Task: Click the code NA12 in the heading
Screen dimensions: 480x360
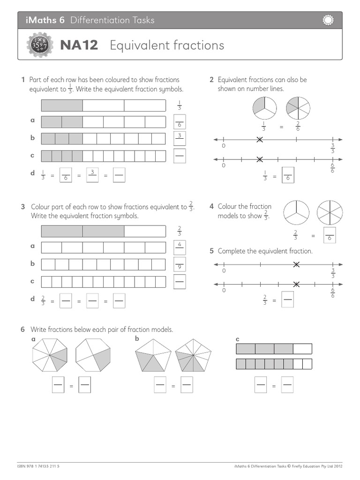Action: pos(79,45)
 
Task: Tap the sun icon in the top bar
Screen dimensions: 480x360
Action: pos(328,20)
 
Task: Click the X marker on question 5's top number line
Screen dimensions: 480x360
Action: pos(296,265)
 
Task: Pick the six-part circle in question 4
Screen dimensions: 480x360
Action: pos(329,213)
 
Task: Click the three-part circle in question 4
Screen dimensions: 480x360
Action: pos(297,213)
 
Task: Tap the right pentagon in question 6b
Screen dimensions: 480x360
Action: pos(192,356)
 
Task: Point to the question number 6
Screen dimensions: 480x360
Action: pos(22,330)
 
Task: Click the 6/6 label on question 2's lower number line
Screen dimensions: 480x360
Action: pos(332,167)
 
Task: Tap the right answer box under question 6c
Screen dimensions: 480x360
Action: pos(287,385)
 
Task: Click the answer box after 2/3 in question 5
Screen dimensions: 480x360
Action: pos(287,300)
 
